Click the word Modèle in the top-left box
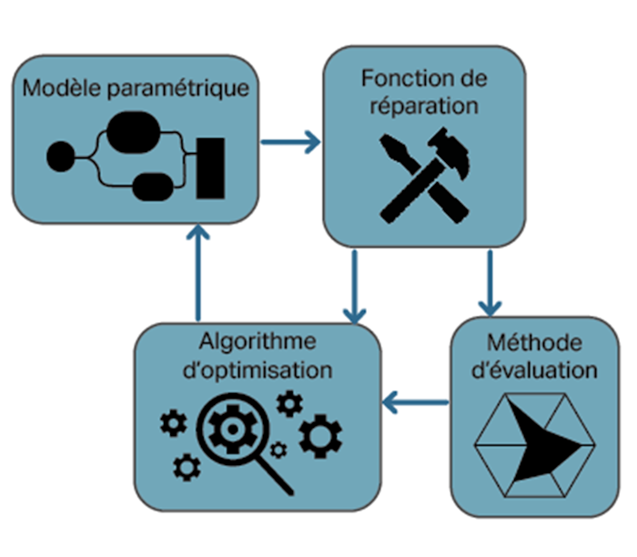(x=60, y=89)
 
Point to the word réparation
(x=424, y=105)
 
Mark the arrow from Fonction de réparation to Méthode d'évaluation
(x=490, y=282)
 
